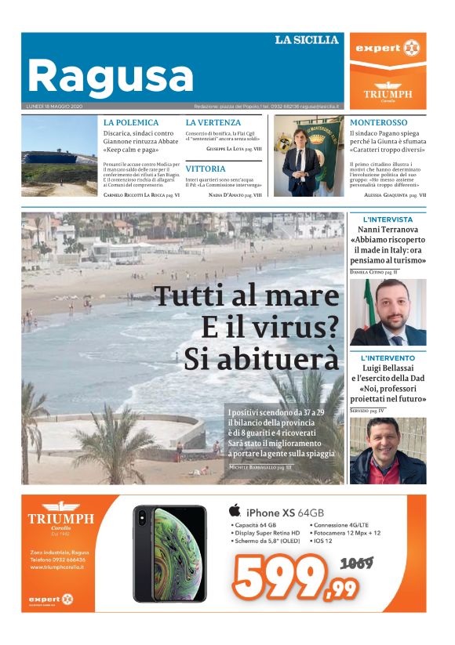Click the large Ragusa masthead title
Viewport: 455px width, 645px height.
[x=110, y=76]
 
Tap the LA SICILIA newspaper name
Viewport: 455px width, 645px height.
[x=307, y=40]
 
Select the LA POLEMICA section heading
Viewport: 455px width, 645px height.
[x=131, y=123]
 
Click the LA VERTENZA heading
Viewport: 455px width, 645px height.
[x=213, y=123]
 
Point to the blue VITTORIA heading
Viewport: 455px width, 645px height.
[x=206, y=168]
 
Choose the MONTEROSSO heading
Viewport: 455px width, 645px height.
[x=378, y=123]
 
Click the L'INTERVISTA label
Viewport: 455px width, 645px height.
[x=388, y=219]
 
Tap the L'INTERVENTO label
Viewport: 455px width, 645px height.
[x=388, y=358]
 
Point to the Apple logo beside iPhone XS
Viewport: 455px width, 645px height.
[x=233, y=511]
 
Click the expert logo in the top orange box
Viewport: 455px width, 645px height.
[x=388, y=49]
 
